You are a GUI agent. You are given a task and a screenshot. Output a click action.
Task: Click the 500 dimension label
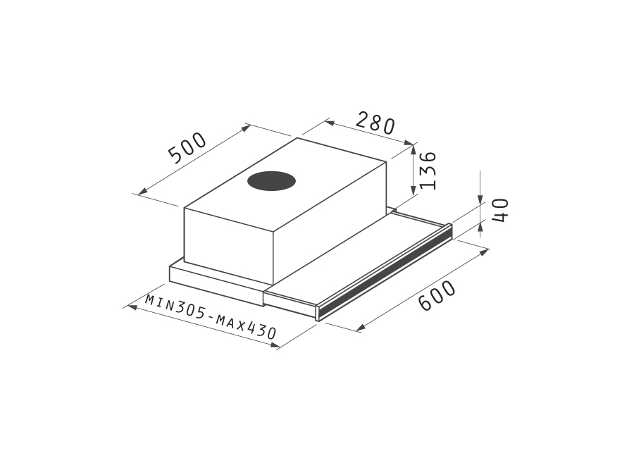click(187, 148)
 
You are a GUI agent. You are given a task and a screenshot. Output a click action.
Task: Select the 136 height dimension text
click(428, 171)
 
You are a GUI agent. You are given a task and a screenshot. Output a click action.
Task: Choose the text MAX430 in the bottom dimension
click(246, 326)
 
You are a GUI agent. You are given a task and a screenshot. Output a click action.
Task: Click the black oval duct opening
click(271, 181)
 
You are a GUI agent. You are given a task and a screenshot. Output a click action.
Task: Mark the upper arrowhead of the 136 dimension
click(413, 149)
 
